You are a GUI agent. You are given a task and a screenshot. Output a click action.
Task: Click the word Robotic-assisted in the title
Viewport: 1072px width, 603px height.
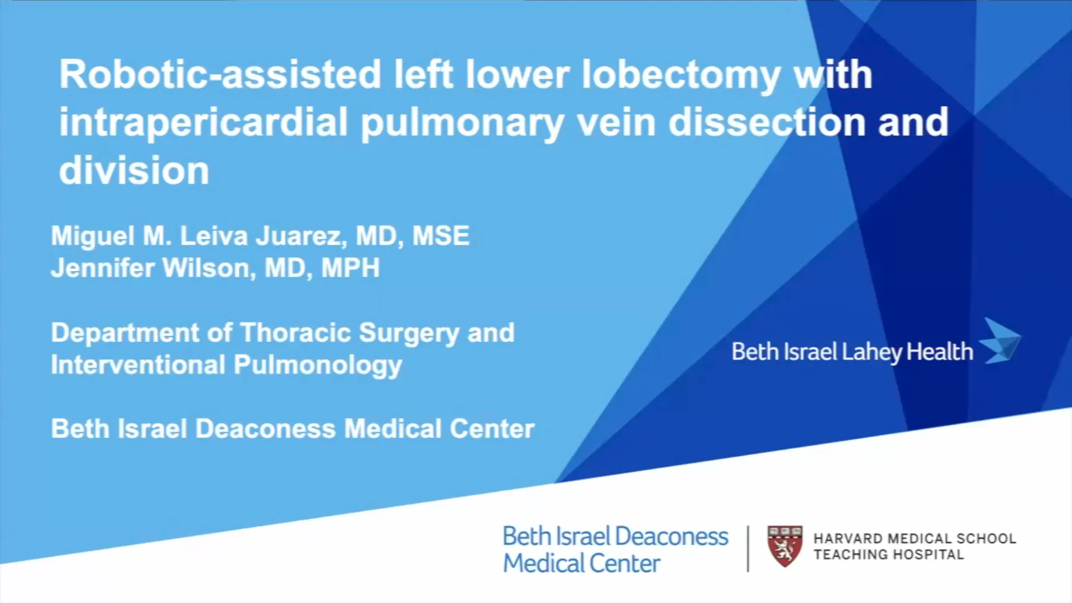(221, 74)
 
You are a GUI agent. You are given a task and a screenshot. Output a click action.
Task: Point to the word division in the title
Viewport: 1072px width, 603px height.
(134, 170)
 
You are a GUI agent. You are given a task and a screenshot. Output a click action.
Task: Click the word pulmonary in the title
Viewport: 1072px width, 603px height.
(462, 124)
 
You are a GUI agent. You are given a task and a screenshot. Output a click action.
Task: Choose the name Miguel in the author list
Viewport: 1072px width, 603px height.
(93, 237)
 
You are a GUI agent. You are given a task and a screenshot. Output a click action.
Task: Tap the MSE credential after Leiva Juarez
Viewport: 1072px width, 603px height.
(441, 236)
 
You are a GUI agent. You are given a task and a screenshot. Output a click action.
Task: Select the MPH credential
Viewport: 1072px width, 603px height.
(351, 268)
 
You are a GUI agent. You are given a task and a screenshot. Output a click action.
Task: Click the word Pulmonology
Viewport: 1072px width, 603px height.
(318, 366)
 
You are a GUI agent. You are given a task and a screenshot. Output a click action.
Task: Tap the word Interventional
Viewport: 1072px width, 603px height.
(138, 365)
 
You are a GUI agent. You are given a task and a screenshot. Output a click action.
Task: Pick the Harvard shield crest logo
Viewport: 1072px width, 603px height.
(785, 546)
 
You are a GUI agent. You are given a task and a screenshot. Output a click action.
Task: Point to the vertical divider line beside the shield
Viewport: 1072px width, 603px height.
(748, 548)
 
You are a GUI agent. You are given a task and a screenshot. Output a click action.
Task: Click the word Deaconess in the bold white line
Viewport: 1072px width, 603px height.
(266, 429)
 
